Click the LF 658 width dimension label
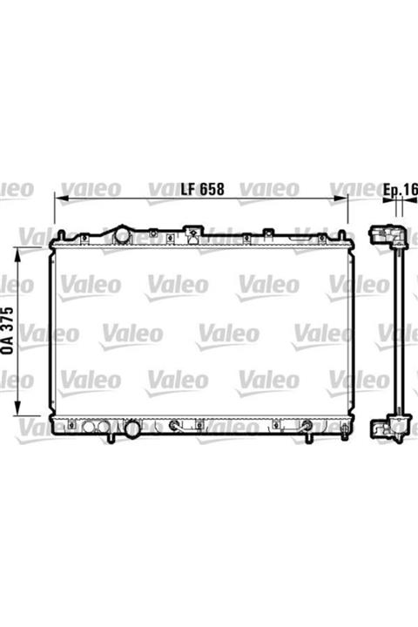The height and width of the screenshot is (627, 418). tap(202, 189)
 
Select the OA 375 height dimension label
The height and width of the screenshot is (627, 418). tap(8, 330)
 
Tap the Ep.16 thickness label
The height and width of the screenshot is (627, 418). tap(401, 190)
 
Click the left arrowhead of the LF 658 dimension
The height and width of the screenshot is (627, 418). tap(61, 198)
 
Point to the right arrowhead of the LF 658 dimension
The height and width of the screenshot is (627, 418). tap(340, 198)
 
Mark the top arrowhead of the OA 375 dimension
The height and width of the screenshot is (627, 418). tap(17, 253)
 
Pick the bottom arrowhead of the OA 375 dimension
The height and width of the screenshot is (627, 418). tap(17, 408)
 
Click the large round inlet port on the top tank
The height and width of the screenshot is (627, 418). tap(122, 235)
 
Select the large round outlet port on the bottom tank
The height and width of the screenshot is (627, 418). tap(132, 428)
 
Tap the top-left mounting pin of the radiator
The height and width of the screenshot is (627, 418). tap(61, 235)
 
